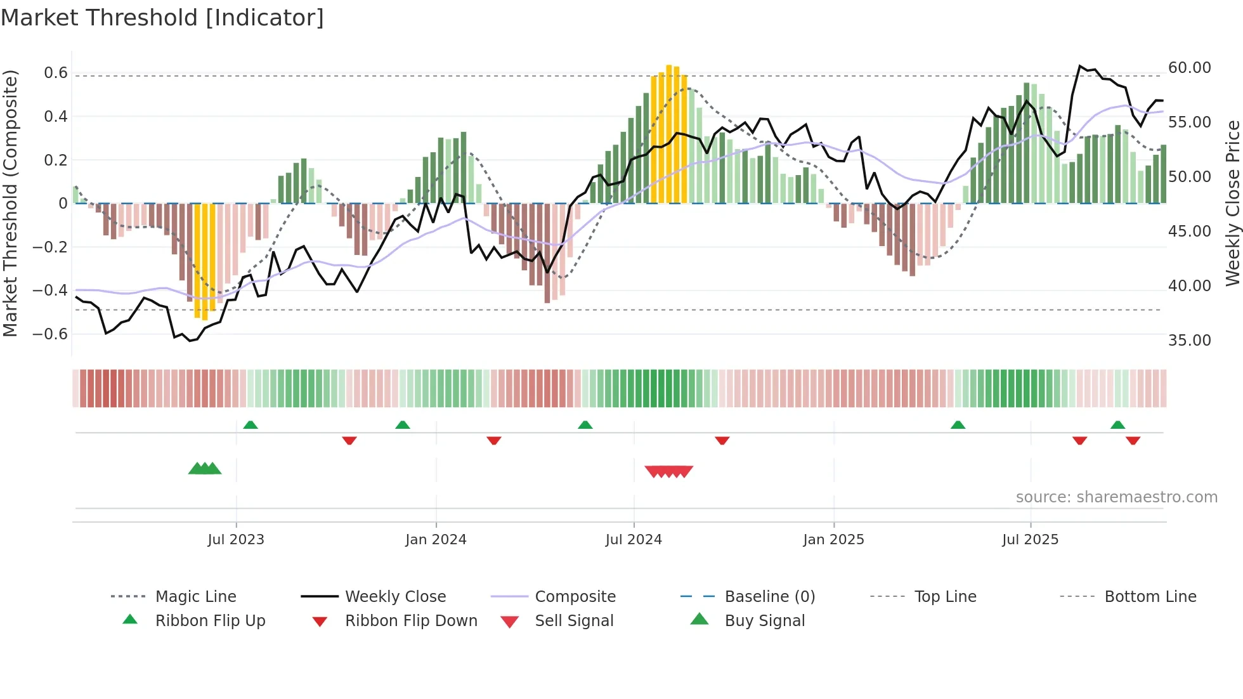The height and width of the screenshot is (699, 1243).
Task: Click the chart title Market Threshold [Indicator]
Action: [x=162, y=18]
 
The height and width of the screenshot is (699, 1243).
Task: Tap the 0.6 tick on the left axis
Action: [x=56, y=73]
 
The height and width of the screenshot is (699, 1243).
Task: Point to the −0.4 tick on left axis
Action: [x=50, y=291]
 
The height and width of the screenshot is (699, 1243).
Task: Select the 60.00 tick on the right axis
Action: [x=1189, y=68]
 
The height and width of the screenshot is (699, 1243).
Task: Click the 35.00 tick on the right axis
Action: [x=1189, y=341]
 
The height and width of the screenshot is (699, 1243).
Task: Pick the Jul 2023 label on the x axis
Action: [x=236, y=540]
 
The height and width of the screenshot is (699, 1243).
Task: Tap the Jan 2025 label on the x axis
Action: [x=833, y=540]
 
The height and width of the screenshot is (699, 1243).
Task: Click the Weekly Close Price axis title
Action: [x=1232, y=203]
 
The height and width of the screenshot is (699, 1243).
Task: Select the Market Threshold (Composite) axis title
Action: [x=10, y=203]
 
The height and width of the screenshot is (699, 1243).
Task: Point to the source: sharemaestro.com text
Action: [x=1116, y=497]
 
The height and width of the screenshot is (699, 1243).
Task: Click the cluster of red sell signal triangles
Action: [x=668, y=471]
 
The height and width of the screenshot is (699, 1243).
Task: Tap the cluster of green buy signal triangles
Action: [x=205, y=469]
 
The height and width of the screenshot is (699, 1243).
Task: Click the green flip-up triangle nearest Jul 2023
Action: [x=251, y=425]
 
